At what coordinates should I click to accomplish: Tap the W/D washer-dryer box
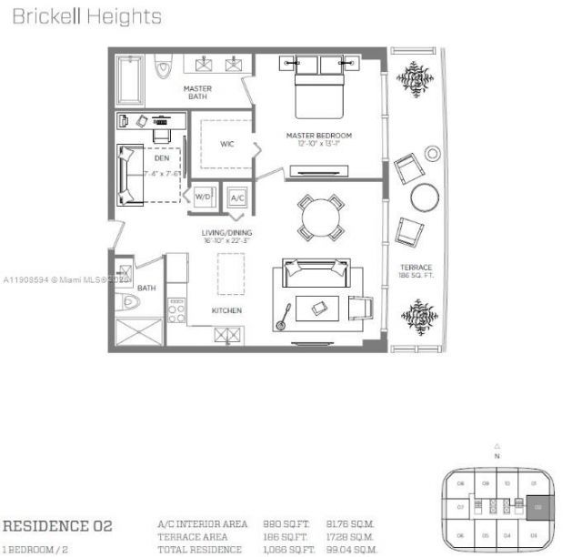(203, 196)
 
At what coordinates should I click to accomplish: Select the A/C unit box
(237, 197)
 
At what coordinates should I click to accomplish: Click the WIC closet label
(227, 144)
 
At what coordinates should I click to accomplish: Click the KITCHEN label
(226, 310)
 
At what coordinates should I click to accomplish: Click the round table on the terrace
(425, 197)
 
